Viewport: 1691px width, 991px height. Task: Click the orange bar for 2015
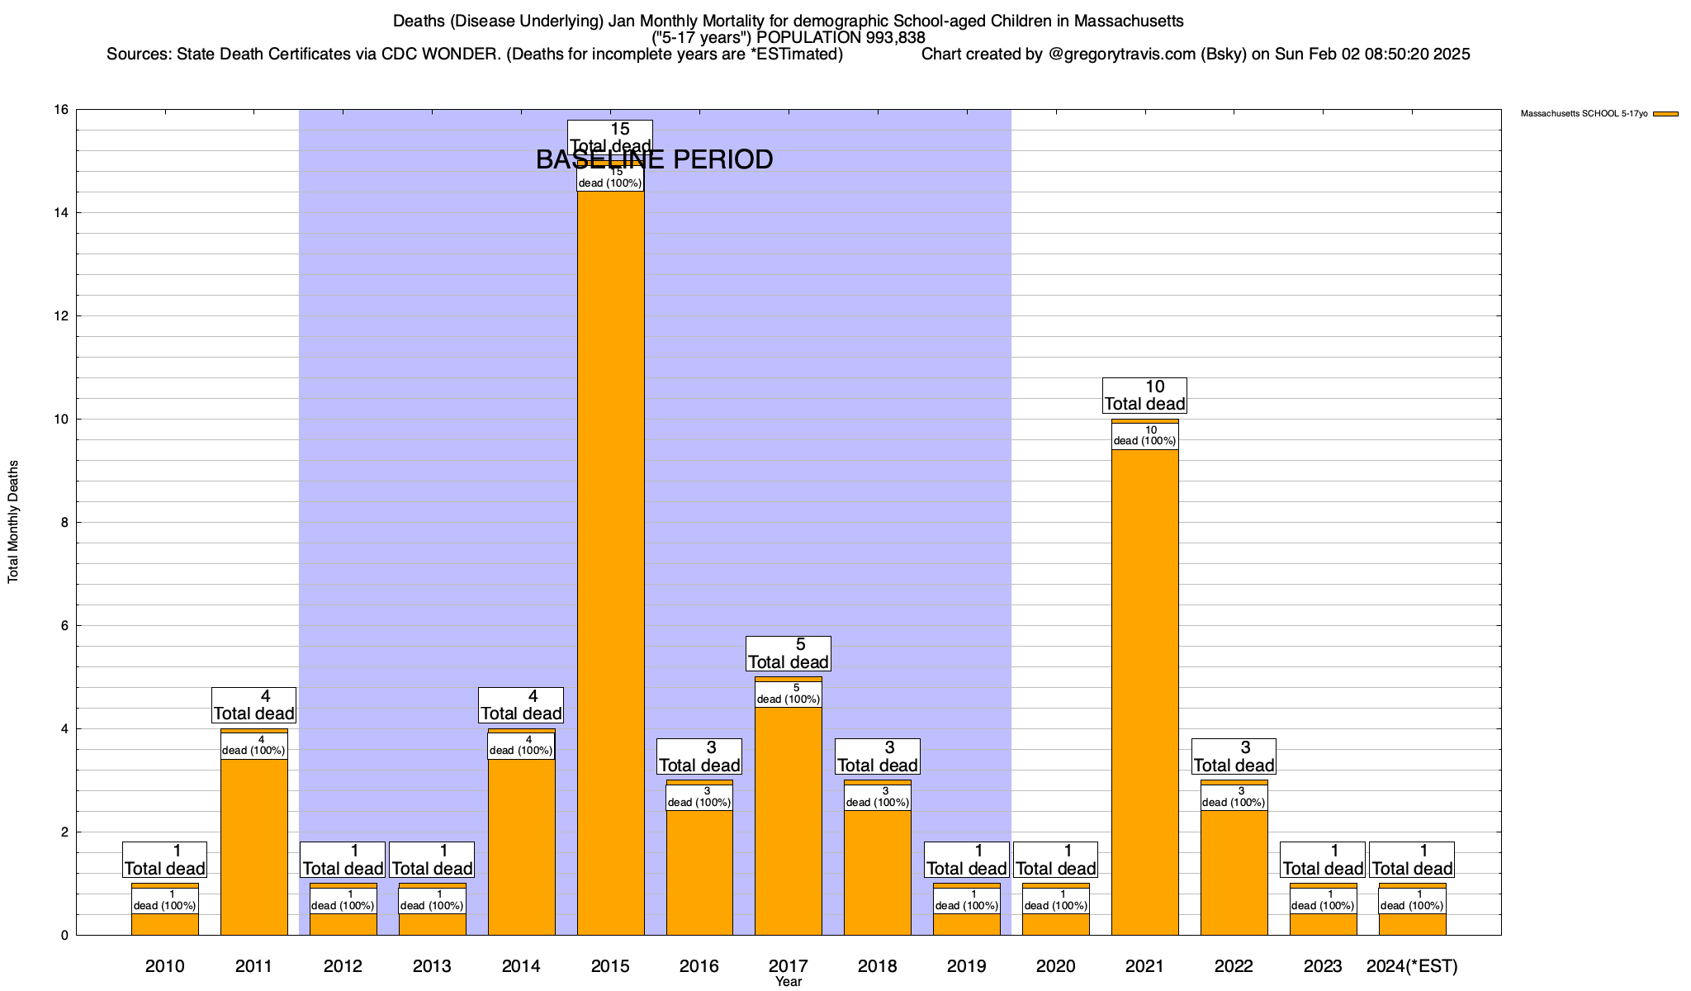pyautogui.click(x=610, y=562)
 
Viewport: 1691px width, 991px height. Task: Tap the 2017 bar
pyautogui.click(x=788, y=818)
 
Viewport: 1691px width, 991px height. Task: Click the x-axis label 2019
pyautogui.click(x=966, y=965)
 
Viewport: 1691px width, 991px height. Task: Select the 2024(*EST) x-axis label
pyautogui.click(x=1412, y=965)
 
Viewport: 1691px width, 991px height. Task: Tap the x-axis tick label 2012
pyautogui.click(x=343, y=965)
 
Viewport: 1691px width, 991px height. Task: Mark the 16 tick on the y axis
pyautogui.click(x=61, y=110)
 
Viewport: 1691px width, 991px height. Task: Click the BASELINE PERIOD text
pyautogui.click(x=654, y=159)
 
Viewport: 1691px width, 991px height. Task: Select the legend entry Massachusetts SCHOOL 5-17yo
pyautogui.click(x=1584, y=114)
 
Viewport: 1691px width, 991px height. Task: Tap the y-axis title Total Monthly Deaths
pyautogui.click(x=13, y=522)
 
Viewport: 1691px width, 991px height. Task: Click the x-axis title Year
pyautogui.click(x=789, y=982)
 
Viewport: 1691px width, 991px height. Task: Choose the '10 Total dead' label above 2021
pyautogui.click(x=1144, y=396)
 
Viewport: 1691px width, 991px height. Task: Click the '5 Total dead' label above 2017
pyautogui.click(x=788, y=653)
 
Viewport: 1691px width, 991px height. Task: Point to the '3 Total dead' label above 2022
pyautogui.click(x=1234, y=756)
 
